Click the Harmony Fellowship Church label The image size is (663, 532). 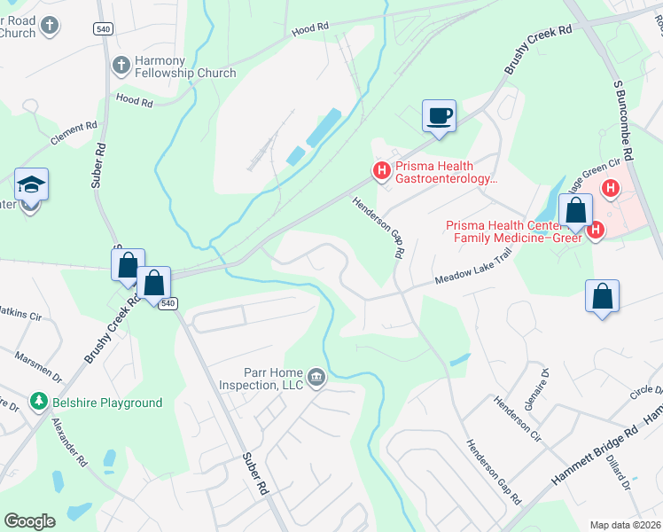coord(185,66)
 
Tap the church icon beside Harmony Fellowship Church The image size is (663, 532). coord(121,65)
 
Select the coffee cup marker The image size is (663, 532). coord(439,115)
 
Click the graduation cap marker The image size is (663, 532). coord(31,186)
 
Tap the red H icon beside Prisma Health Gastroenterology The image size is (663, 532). coord(382,170)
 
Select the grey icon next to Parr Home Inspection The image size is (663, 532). coord(316,379)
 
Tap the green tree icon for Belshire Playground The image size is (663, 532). coord(38,403)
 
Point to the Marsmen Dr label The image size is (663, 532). coord(37,367)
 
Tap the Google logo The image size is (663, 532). coord(29,521)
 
